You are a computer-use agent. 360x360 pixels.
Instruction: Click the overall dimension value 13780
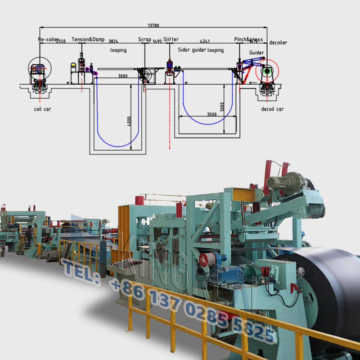pos(153,26)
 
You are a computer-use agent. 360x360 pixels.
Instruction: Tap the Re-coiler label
pos(48,40)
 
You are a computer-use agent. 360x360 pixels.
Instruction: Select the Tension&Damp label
pos(88,40)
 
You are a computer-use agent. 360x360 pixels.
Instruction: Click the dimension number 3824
pos(114,41)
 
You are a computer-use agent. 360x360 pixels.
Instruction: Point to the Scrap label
pos(144,40)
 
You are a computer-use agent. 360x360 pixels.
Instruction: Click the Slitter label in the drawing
pos(171,40)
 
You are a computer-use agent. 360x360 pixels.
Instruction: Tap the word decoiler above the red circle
pos(278,43)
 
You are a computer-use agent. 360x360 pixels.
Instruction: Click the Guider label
pos(256,53)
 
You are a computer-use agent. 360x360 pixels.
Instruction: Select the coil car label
pos(43,109)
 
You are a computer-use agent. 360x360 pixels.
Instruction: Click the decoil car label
pos(272,109)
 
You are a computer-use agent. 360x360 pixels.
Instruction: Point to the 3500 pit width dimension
pos(211,114)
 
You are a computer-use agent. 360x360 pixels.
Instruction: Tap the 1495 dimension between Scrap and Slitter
pos(157,41)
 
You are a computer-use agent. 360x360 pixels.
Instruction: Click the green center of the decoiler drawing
pos(267,71)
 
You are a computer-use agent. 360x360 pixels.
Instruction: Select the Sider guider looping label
pos(201,50)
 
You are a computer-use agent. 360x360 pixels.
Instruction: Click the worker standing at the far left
pos(29,235)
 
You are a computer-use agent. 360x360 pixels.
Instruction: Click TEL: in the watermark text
pos(81,270)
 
